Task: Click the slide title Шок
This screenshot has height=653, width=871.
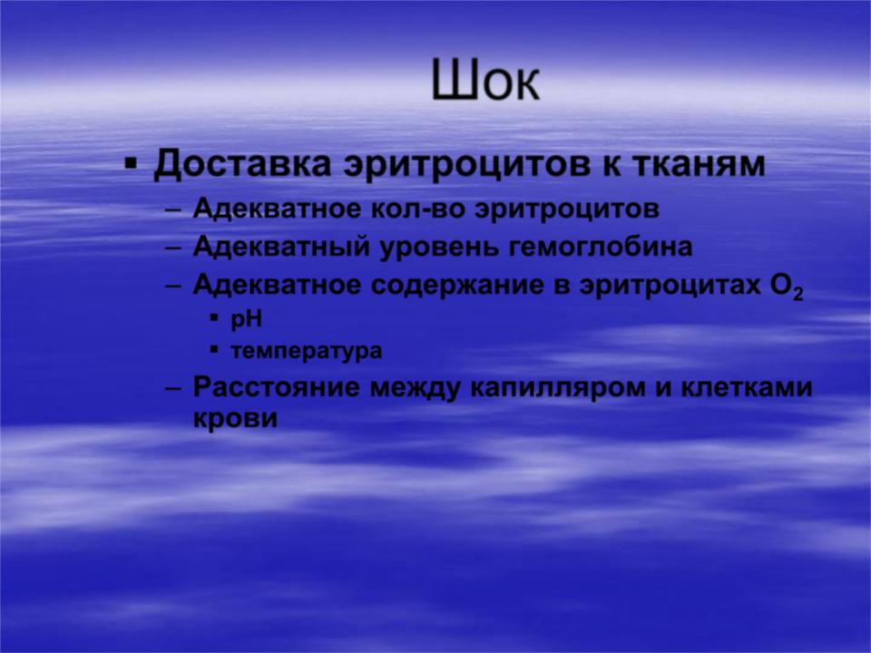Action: (x=484, y=80)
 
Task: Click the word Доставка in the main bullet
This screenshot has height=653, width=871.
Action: (x=242, y=165)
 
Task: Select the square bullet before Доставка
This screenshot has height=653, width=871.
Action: (x=131, y=164)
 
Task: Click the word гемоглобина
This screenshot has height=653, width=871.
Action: (x=601, y=247)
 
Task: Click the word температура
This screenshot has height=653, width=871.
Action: (x=306, y=352)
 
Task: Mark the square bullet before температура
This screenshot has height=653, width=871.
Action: (x=214, y=350)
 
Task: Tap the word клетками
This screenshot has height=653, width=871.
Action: (x=747, y=387)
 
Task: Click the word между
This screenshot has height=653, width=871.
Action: (x=415, y=388)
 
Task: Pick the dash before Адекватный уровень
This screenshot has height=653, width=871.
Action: (x=173, y=249)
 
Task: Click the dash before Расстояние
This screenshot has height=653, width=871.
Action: (x=173, y=388)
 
